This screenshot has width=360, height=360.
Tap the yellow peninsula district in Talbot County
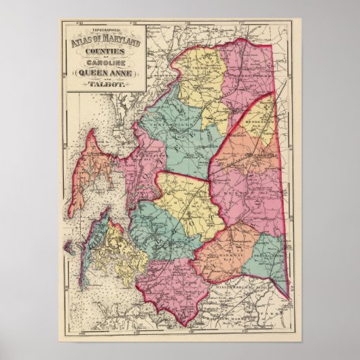(x=126, y=248)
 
